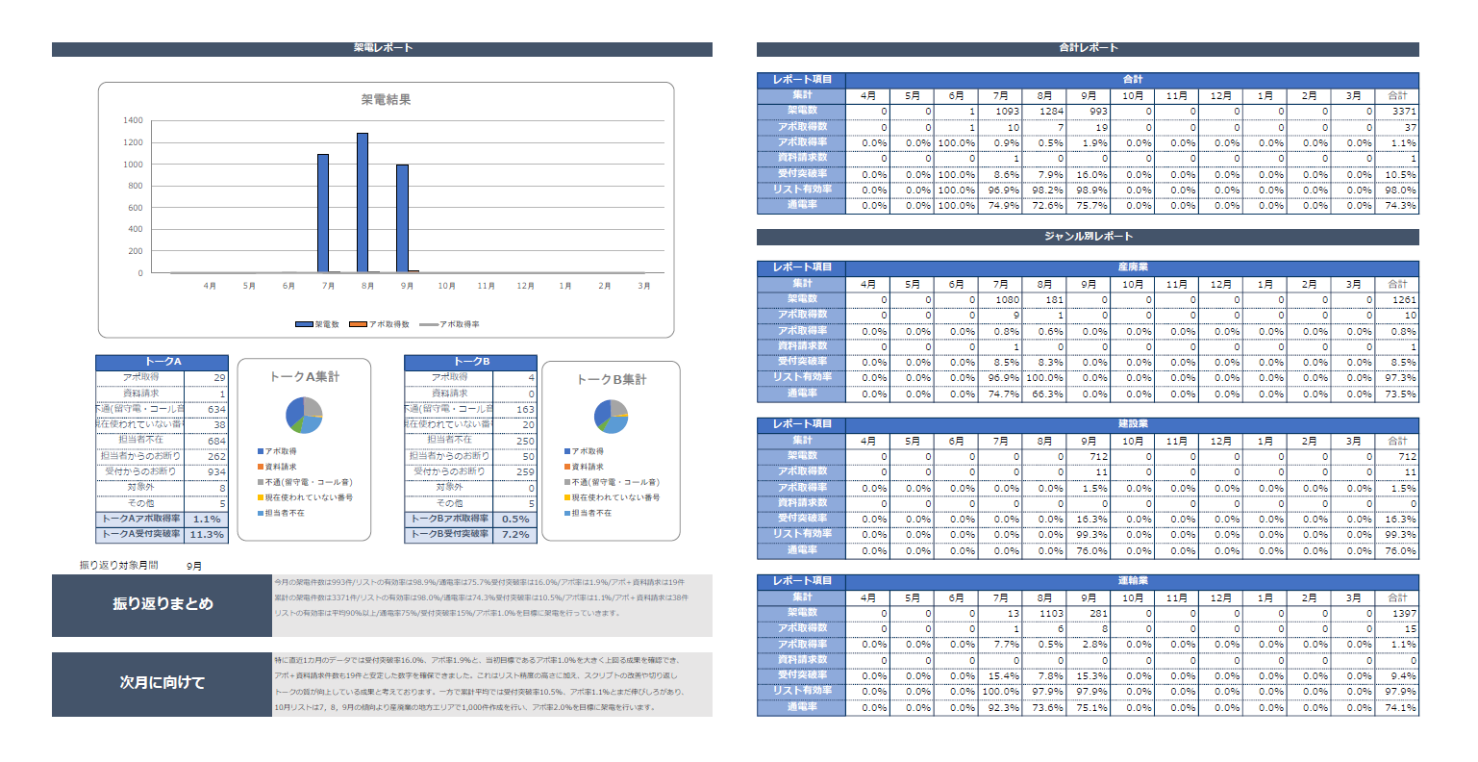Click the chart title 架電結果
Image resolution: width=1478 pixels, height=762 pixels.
386,99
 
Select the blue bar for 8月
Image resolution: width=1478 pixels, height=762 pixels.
363,203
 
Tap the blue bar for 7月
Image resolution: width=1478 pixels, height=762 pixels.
323,214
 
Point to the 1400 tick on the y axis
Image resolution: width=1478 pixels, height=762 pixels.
133,121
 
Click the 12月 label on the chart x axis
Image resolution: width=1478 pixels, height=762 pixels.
525,286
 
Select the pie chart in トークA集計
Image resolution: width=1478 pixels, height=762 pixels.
304,416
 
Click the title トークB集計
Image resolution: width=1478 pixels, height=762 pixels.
612,379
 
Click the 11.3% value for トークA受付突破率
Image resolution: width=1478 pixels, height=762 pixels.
206,534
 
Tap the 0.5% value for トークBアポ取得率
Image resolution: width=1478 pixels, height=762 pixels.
515,519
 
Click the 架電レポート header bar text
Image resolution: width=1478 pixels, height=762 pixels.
383,48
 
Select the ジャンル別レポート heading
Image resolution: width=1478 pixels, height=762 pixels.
1088,237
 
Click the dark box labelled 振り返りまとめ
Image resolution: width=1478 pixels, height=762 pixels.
163,604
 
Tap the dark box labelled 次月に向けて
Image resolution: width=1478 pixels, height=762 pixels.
163,682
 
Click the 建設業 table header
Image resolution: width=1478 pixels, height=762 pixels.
1132,424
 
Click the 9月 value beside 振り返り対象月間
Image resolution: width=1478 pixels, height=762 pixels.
194,566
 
